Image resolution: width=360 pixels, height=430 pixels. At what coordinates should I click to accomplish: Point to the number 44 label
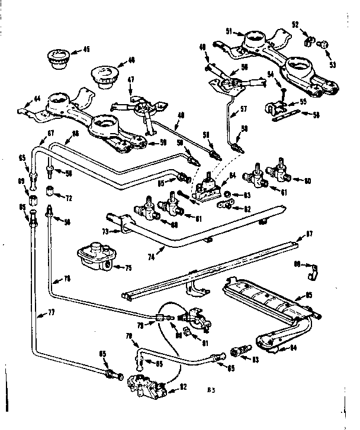(x=36, y=98)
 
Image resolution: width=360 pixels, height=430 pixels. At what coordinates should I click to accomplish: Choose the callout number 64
(x=232, y=175)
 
